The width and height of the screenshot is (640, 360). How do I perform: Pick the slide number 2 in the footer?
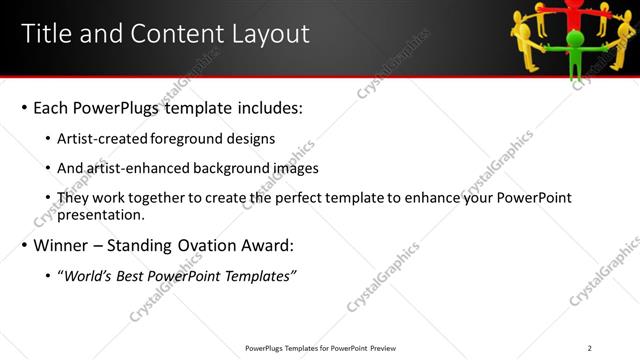tap(589, 348)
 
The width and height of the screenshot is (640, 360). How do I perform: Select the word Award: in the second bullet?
tap(269, 245)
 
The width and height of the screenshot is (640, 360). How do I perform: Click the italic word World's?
tap(88, 276)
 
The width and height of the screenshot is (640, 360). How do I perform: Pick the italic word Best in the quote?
tap(133, 276)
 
